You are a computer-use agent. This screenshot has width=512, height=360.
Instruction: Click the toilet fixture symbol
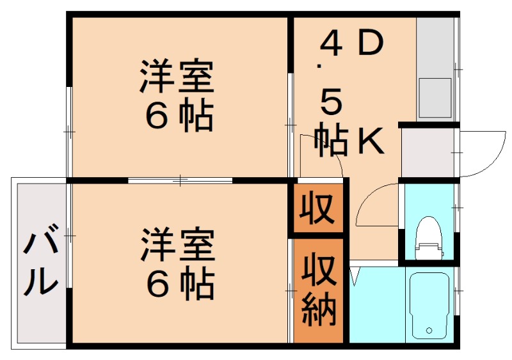tap(429, 238)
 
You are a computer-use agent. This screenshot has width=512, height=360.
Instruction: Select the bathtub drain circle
tap(429, 331)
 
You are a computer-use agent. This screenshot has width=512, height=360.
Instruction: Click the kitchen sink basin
tap(435, 98)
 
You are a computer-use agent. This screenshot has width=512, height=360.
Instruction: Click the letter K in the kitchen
tap(371, 141)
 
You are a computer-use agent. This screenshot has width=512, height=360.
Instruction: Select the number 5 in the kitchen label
tap(331, 102)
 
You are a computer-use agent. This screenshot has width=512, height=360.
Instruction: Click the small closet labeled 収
tap(317, 208)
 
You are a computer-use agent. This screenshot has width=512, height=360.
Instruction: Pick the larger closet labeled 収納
tap(318, 290)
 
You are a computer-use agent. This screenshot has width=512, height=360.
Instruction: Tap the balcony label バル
tap(40, 260)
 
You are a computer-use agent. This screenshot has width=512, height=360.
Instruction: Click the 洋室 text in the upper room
tap(177, 76)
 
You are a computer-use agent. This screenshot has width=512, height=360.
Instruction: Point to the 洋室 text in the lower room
tap(177, 246)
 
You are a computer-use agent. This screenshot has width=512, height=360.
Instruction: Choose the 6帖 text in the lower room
tap(180, 285)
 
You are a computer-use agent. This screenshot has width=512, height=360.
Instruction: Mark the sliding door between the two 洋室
tap(180, 180)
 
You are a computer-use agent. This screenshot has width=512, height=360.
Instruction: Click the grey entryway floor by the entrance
tap(428, 152)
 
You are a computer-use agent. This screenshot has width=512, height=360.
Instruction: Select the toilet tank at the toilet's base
tap(429, 251)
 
